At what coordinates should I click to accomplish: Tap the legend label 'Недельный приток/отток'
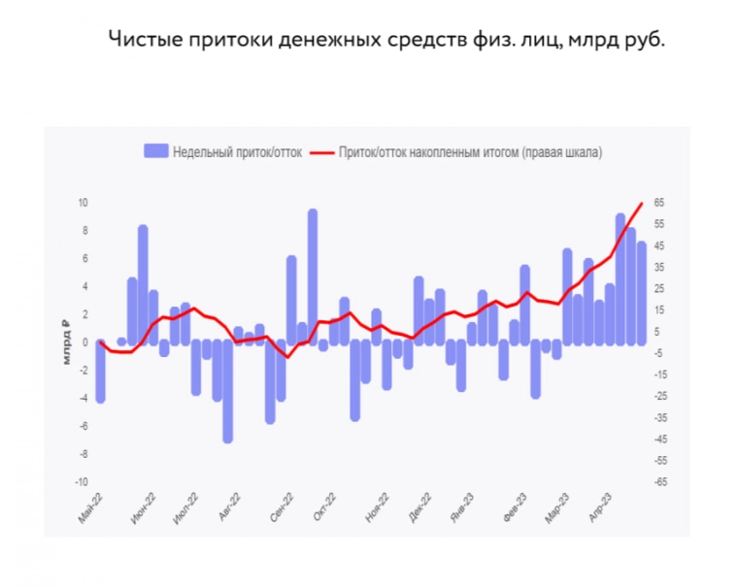(x=238, y=151)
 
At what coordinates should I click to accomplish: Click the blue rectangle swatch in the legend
(x=155, y=151)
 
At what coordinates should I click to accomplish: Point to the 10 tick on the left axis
(x=84, y=203)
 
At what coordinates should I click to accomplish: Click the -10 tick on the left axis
(x=82, y=482)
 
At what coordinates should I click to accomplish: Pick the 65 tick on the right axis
(x=660, y=203)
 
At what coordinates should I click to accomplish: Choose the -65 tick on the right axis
(x=661, y=482)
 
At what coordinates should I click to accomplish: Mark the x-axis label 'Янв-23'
(x=460, y=508)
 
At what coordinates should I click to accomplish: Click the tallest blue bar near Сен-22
(x=313, y=276)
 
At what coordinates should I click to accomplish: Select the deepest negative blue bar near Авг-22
(x=228, y=391)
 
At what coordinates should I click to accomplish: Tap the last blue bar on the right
(x=642, y=292)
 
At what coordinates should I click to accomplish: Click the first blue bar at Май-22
(x=100, y=372)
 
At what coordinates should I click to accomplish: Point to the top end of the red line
(x=642, y=204)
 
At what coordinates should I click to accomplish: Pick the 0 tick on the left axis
(x=85, y=342)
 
